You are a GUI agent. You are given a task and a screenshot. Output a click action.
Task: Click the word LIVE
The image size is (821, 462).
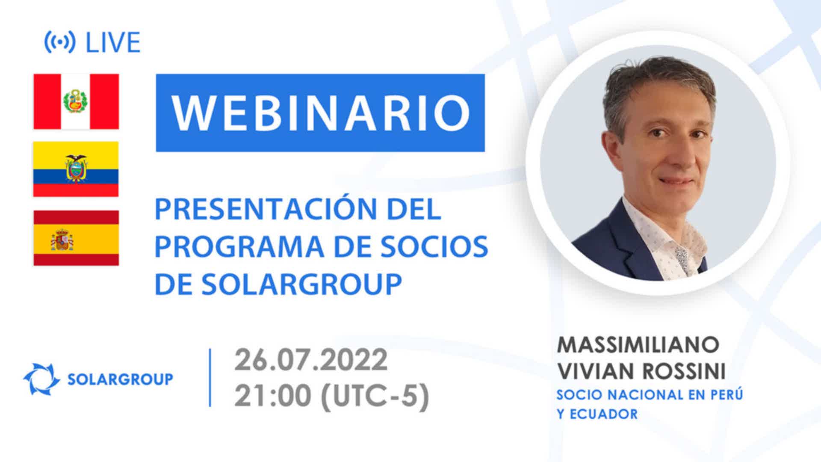pyautogui.click(x=113, y=42)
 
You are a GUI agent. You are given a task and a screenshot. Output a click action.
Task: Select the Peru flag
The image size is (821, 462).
pyautogui.click(x=76, y=101)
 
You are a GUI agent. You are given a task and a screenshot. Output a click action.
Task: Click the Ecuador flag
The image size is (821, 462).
pyautogui.click(x=76, y=169)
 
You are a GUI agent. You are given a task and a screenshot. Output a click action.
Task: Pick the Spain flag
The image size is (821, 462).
pyautogui.click(x=76, y=238)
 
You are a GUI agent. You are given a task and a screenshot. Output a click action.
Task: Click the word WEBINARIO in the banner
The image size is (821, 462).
pyautogui.click(x=320, y=113)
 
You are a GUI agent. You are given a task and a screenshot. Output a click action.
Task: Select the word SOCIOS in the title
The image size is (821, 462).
pyautogui.click(x=434, y=246)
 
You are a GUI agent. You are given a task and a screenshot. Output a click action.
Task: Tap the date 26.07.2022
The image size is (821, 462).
pyautogui.click(x=311, y=360)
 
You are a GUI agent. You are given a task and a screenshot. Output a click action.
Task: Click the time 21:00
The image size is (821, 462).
pyautogui.click(x=272, y=397)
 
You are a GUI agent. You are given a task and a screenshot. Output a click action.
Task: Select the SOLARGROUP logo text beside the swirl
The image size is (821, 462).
pyautogui.click(x=121, y=379)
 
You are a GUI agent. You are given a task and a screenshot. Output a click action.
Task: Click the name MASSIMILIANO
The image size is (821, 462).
pyautogui.click(x=638, y=345)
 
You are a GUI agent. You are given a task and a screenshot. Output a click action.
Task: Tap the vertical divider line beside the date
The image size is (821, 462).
pyautogui.click(x=210, y=378)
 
